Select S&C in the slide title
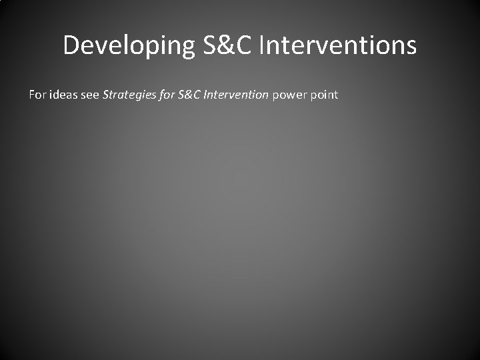[x=219, y=46]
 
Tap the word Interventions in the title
[x=337, y=46]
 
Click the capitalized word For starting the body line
[x=37, y=95]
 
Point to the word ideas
[x=63, y=95]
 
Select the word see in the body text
[x=91, y=95]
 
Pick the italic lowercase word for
[x=165, y=95]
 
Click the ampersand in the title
[x=219, y=46]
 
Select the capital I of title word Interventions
[x=261, y=46]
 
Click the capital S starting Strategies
[x=105, y=95]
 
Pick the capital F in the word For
[x=32, y=95]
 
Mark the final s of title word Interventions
[x=411, y=46]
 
